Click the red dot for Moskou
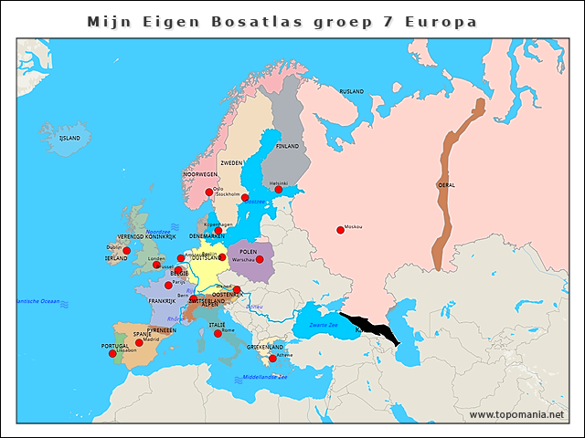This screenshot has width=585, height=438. pos(340,230)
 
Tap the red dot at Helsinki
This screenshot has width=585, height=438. pos(279,190)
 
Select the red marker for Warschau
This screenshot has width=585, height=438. pos(260,260)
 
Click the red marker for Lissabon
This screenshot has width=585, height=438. pos(113,354)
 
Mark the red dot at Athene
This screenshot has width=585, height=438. pos(272,359)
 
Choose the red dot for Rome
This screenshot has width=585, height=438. pos(218,334)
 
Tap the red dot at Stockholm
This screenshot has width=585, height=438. pos(245,198)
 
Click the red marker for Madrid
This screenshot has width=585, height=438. pos(140,343)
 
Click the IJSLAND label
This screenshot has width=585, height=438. pos(69,138)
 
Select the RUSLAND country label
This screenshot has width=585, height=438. pos(352,92)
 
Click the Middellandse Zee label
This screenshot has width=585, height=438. pos(265,377)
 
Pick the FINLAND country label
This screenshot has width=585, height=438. pos(287,146)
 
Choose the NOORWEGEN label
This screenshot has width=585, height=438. pos(200,173)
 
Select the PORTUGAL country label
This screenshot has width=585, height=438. pos(115,346)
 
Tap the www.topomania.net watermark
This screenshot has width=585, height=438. pos(517,415)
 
